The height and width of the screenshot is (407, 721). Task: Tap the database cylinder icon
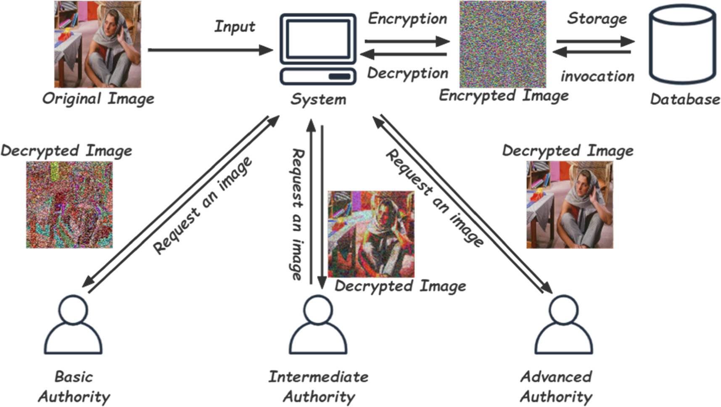coord(682,45)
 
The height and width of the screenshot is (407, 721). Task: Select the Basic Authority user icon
coord(73,325)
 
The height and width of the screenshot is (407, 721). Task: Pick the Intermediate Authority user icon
coord(318,325)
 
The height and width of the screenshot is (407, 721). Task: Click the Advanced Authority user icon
coord(563,325)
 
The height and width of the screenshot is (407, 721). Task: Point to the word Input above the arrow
coord(235,26)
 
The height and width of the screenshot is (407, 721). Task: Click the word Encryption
coord(407,19)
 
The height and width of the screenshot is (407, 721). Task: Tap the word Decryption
coord(407,73)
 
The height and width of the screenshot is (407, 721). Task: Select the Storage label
coord(597,18)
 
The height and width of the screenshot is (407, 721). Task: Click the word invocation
coord(597,77)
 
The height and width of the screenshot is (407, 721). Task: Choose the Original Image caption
coord(98,99)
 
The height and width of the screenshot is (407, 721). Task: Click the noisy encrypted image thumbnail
coord(502,44)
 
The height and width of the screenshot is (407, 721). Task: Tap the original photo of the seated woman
coord(98,44)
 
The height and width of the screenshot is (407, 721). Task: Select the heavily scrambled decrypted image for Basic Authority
coord(69,205)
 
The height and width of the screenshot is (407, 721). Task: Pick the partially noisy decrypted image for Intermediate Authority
coord(371,234)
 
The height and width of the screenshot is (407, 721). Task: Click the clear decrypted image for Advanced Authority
coord(570,205)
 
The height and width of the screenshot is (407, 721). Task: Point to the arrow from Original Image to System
coord(210,50)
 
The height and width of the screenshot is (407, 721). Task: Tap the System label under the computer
coord(318,100)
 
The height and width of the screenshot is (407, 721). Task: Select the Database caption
coord(684,99)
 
